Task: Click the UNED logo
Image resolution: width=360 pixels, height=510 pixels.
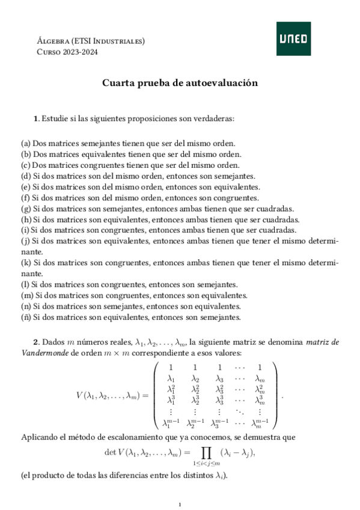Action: [x=294, y=38]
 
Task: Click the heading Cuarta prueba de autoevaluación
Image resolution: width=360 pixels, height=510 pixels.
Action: [x=180, y=84]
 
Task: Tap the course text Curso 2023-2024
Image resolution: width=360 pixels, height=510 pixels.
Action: [x=67, y=52]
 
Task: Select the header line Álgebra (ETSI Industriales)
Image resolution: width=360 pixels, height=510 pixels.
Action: [x=91, y=41]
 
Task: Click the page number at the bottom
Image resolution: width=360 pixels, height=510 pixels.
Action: [x=180, y=504]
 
